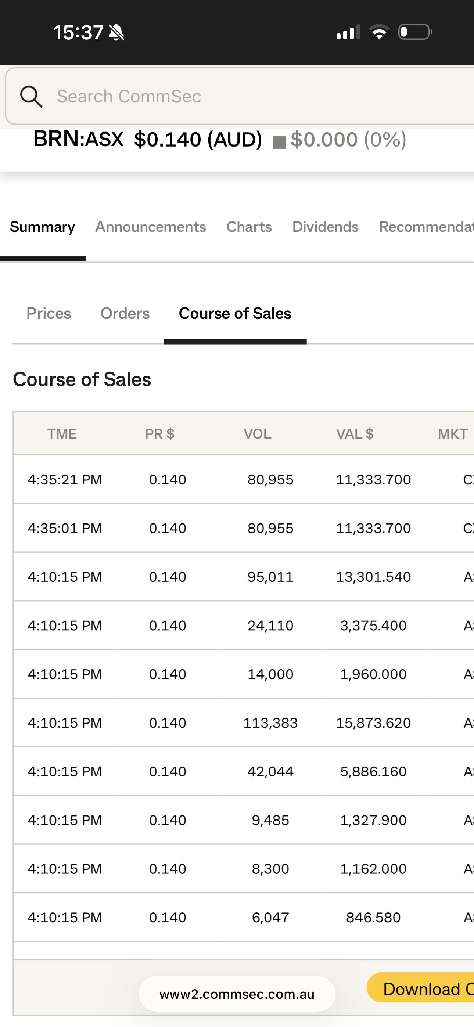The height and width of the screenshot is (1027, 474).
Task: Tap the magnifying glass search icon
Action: pyautogui.click(x=31, y=97)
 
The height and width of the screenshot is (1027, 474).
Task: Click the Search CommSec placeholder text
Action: pyautogui.click(x=129, y=97)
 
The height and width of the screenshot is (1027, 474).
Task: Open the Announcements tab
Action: pyautogui.click(x=150, y=227)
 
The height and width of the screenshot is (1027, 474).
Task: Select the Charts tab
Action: pyautogui.click(x=249, y=227)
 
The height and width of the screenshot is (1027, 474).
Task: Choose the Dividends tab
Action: pyautogui.click(x=325, y=227)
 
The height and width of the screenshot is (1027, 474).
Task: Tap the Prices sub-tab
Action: pyautogui.click(x=49, y=313)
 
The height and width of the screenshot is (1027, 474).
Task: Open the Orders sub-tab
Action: pyautogui.click(x=125, y=313)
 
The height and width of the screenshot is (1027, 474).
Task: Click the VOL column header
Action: pyautogui.click(x=257, y=434)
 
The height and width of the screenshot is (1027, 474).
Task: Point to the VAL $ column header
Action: pyautogui.click(x=355, y=434)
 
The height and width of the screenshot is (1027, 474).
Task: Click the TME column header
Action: pyautogui.click(x=62, y=434)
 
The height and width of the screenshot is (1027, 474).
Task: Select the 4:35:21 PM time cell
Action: pyautogui.click(x=65, y=479)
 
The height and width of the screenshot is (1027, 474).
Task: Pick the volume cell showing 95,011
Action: pyautogui.click(x=270, y=577)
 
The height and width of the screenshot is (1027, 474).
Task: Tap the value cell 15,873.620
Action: pyautogui.click(x=373, y=723)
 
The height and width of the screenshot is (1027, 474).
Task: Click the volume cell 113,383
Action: pyautogui.click(x=270, y=723)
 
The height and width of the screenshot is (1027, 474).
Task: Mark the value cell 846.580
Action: pyautogui.click(x=373, y=918)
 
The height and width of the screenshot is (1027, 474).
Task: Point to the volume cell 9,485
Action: pyautogui.click(x=270, y=820)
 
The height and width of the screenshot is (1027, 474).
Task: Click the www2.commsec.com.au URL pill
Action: pyautogui.click(x=237, y=994)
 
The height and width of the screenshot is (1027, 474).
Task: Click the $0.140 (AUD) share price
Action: pyautogui.click(x=198, y=140)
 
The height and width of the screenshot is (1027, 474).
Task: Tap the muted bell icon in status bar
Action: pyautogui.click(x=116, y=32)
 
